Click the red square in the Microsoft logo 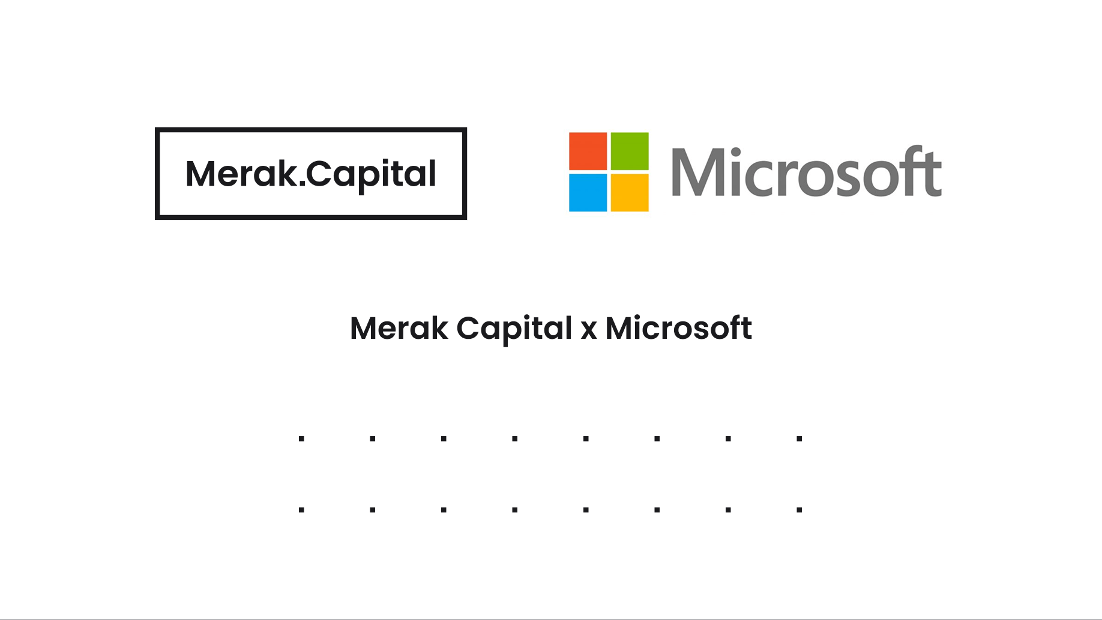(588, 151)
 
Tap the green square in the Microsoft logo (630, 151)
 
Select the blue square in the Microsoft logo (588, 193)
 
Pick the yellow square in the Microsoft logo (630, 193)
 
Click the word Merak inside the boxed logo (241, 174)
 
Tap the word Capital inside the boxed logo (372, 174)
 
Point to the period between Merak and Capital (301, 184)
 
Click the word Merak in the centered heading (399, 329)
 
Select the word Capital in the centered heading (514, 329)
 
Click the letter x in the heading (589, 330)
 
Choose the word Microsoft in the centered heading (678, 329)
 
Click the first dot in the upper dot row (301, 439)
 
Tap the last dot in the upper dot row (799, 439)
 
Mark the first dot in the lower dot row (301, 510)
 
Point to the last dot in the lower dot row (799, 510)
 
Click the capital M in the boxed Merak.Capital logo (200, 174)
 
